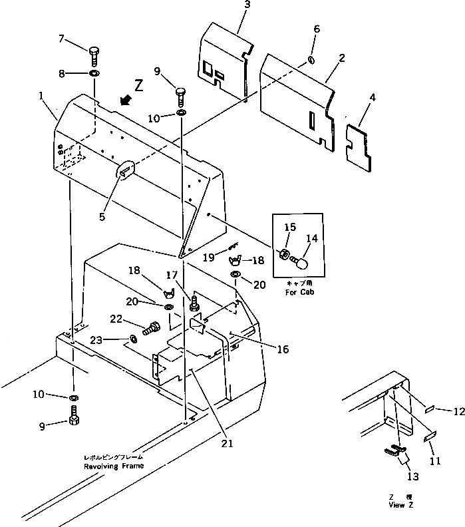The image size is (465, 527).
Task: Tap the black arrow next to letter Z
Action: click(125, 100)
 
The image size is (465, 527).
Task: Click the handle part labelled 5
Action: click(125, 171)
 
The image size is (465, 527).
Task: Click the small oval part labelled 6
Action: click(311, 61)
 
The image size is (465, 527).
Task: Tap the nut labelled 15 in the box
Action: click(283, 255)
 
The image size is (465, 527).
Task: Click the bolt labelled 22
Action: click(151, 328)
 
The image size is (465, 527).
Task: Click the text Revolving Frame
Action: click(113, 466)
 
